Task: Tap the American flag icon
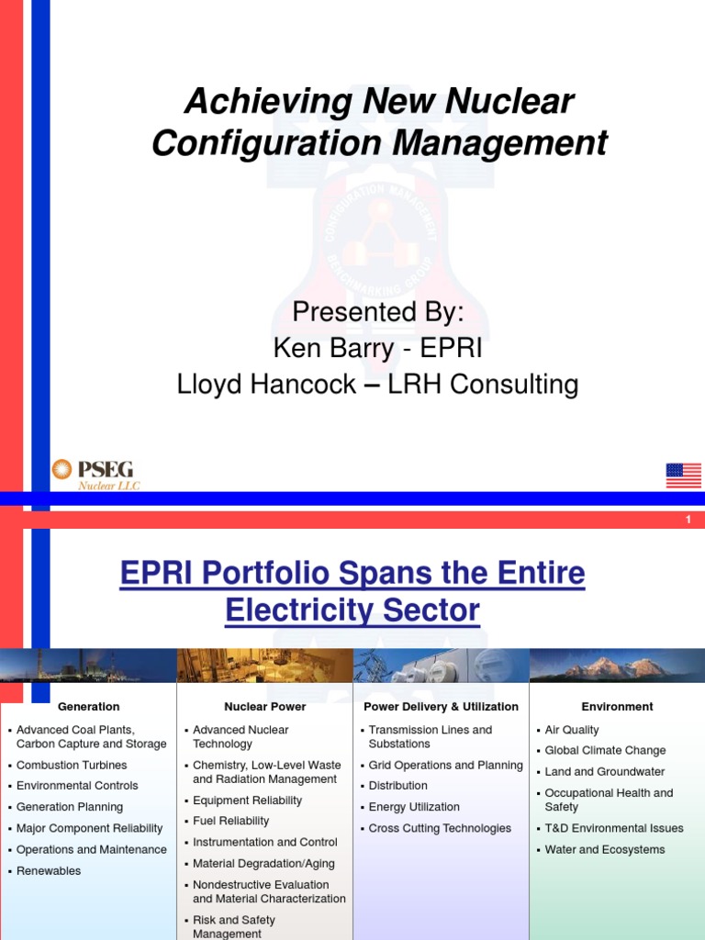tap(683, 476)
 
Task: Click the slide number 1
tap(688, 520)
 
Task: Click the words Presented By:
tap(378, 313)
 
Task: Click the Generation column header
tap(88, 707)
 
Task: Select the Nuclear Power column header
tap(264, 707)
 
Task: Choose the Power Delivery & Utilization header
tap(441, 707)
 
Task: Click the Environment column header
tap(617, 707)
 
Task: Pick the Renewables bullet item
tap(49, 870)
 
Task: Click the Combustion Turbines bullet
tap(72, 765)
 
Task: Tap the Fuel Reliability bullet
tap(230, 821)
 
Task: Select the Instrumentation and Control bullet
tap(259, 842)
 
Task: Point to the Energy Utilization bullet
tap(414, 807)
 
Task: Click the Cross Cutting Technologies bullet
tap(440, 828)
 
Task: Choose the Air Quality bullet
tap(571, 730)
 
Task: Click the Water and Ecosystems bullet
tap(604, 849)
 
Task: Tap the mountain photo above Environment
tap(617, 666)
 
